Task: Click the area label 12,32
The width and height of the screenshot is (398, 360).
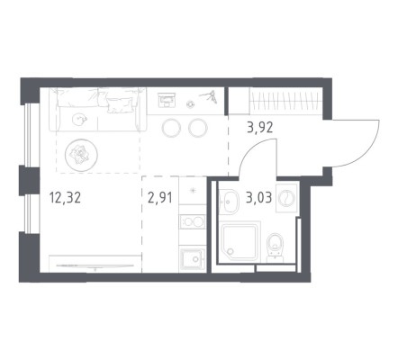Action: [65, 198]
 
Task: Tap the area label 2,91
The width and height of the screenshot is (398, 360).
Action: [160, 198]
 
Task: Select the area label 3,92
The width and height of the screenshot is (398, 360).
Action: [260, 128]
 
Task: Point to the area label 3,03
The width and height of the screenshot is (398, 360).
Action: [258, 198]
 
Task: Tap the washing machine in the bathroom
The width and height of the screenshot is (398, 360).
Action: [286, 198]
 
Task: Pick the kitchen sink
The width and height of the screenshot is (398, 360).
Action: [192, 258]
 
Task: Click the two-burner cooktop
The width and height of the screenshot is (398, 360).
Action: [192, 222]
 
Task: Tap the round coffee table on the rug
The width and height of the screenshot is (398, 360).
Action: [81, 155]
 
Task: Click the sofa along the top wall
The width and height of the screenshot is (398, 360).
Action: [98, 110]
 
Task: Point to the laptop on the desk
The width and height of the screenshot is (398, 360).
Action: [167, 100]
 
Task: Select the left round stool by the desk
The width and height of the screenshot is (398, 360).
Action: [171, 128]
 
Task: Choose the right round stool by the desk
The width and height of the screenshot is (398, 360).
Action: [198, 128]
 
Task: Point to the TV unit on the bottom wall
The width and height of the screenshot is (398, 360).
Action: [95, 264]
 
